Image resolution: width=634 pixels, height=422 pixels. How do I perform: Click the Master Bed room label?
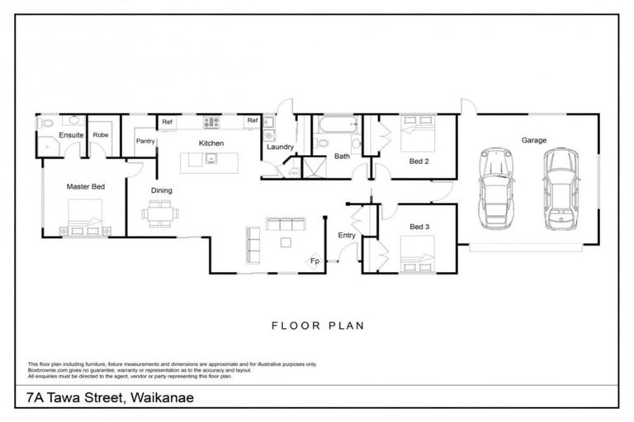tap(86, 187)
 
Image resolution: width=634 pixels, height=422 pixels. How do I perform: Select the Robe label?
tap(101, 134)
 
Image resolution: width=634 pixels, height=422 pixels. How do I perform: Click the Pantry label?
tap(145, 141)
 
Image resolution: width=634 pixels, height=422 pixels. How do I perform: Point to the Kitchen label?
tap(211, 143)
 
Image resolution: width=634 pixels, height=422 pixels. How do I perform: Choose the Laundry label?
tap(281, 148)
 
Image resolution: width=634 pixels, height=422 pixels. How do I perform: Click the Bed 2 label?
tap(419, 162)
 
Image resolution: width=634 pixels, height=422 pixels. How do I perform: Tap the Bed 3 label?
tap(419, 227)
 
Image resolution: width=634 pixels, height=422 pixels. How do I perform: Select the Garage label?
tap(533, 141)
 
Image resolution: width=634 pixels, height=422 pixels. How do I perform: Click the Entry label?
tap(347, 236)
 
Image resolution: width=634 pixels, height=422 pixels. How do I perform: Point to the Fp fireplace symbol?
tap(315, 261)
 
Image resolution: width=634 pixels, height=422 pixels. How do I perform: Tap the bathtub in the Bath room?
tap(335, 126)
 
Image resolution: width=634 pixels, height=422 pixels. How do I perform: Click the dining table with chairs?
tap(158, 213)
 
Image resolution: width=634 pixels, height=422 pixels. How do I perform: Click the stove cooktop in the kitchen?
tap(212, 122)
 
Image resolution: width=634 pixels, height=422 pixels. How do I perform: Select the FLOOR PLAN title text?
tap(317, 325)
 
